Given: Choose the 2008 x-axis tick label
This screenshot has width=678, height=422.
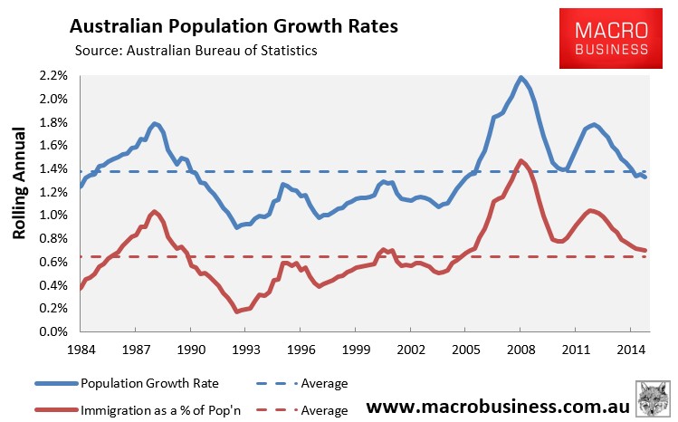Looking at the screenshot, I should (x=520, y=348).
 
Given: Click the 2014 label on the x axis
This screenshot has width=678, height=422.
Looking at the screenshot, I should (x=631, y=348).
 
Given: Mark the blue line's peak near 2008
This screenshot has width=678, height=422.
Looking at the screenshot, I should (x=520, y=77).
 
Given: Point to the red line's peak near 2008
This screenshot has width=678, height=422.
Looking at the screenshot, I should (x=521, y=160).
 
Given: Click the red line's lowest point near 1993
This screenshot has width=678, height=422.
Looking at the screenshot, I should (x=236, y=312).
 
